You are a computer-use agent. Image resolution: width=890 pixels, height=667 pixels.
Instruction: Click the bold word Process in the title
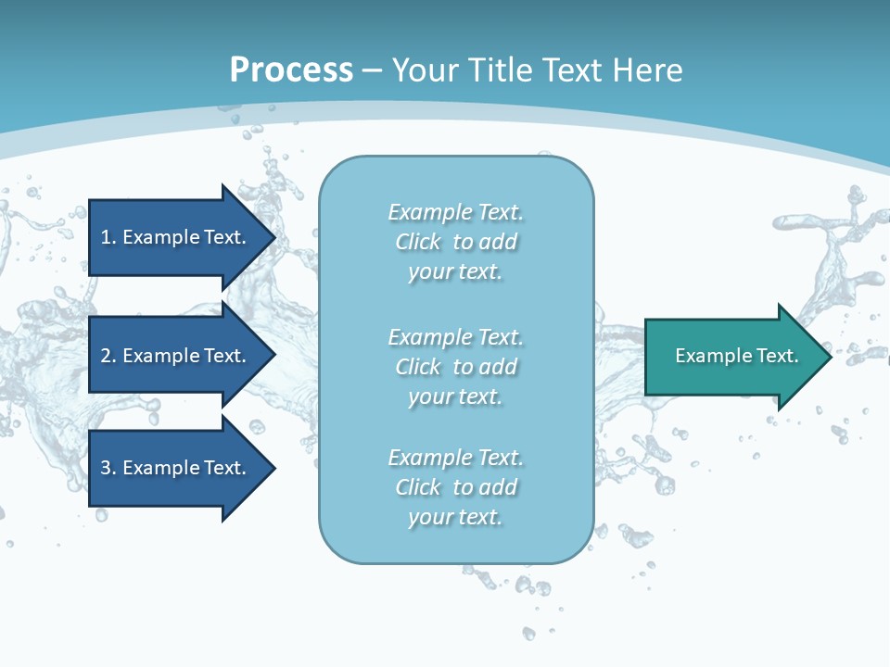(x=291, y=69)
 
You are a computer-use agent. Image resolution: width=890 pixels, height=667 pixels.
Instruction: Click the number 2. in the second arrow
(x=108, y=356)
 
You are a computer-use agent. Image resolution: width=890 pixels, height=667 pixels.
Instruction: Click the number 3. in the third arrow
(x=108, y=468)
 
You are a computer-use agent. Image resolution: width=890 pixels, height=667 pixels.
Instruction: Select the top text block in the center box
(x=455, y=242)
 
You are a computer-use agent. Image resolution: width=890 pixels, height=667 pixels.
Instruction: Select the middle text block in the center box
(x=455, y=367)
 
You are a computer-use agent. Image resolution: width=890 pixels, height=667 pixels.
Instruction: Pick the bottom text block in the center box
(x=455, y=487)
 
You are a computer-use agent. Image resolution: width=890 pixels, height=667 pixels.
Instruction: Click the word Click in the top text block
(x=418, y=242)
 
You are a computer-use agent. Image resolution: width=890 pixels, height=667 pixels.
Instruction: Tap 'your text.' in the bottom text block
(x=455, y=517)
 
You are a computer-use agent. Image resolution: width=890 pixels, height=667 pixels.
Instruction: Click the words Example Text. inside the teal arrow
(x=736, y=356)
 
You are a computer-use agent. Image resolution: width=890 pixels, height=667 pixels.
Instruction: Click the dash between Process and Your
(x=372, y=71)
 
